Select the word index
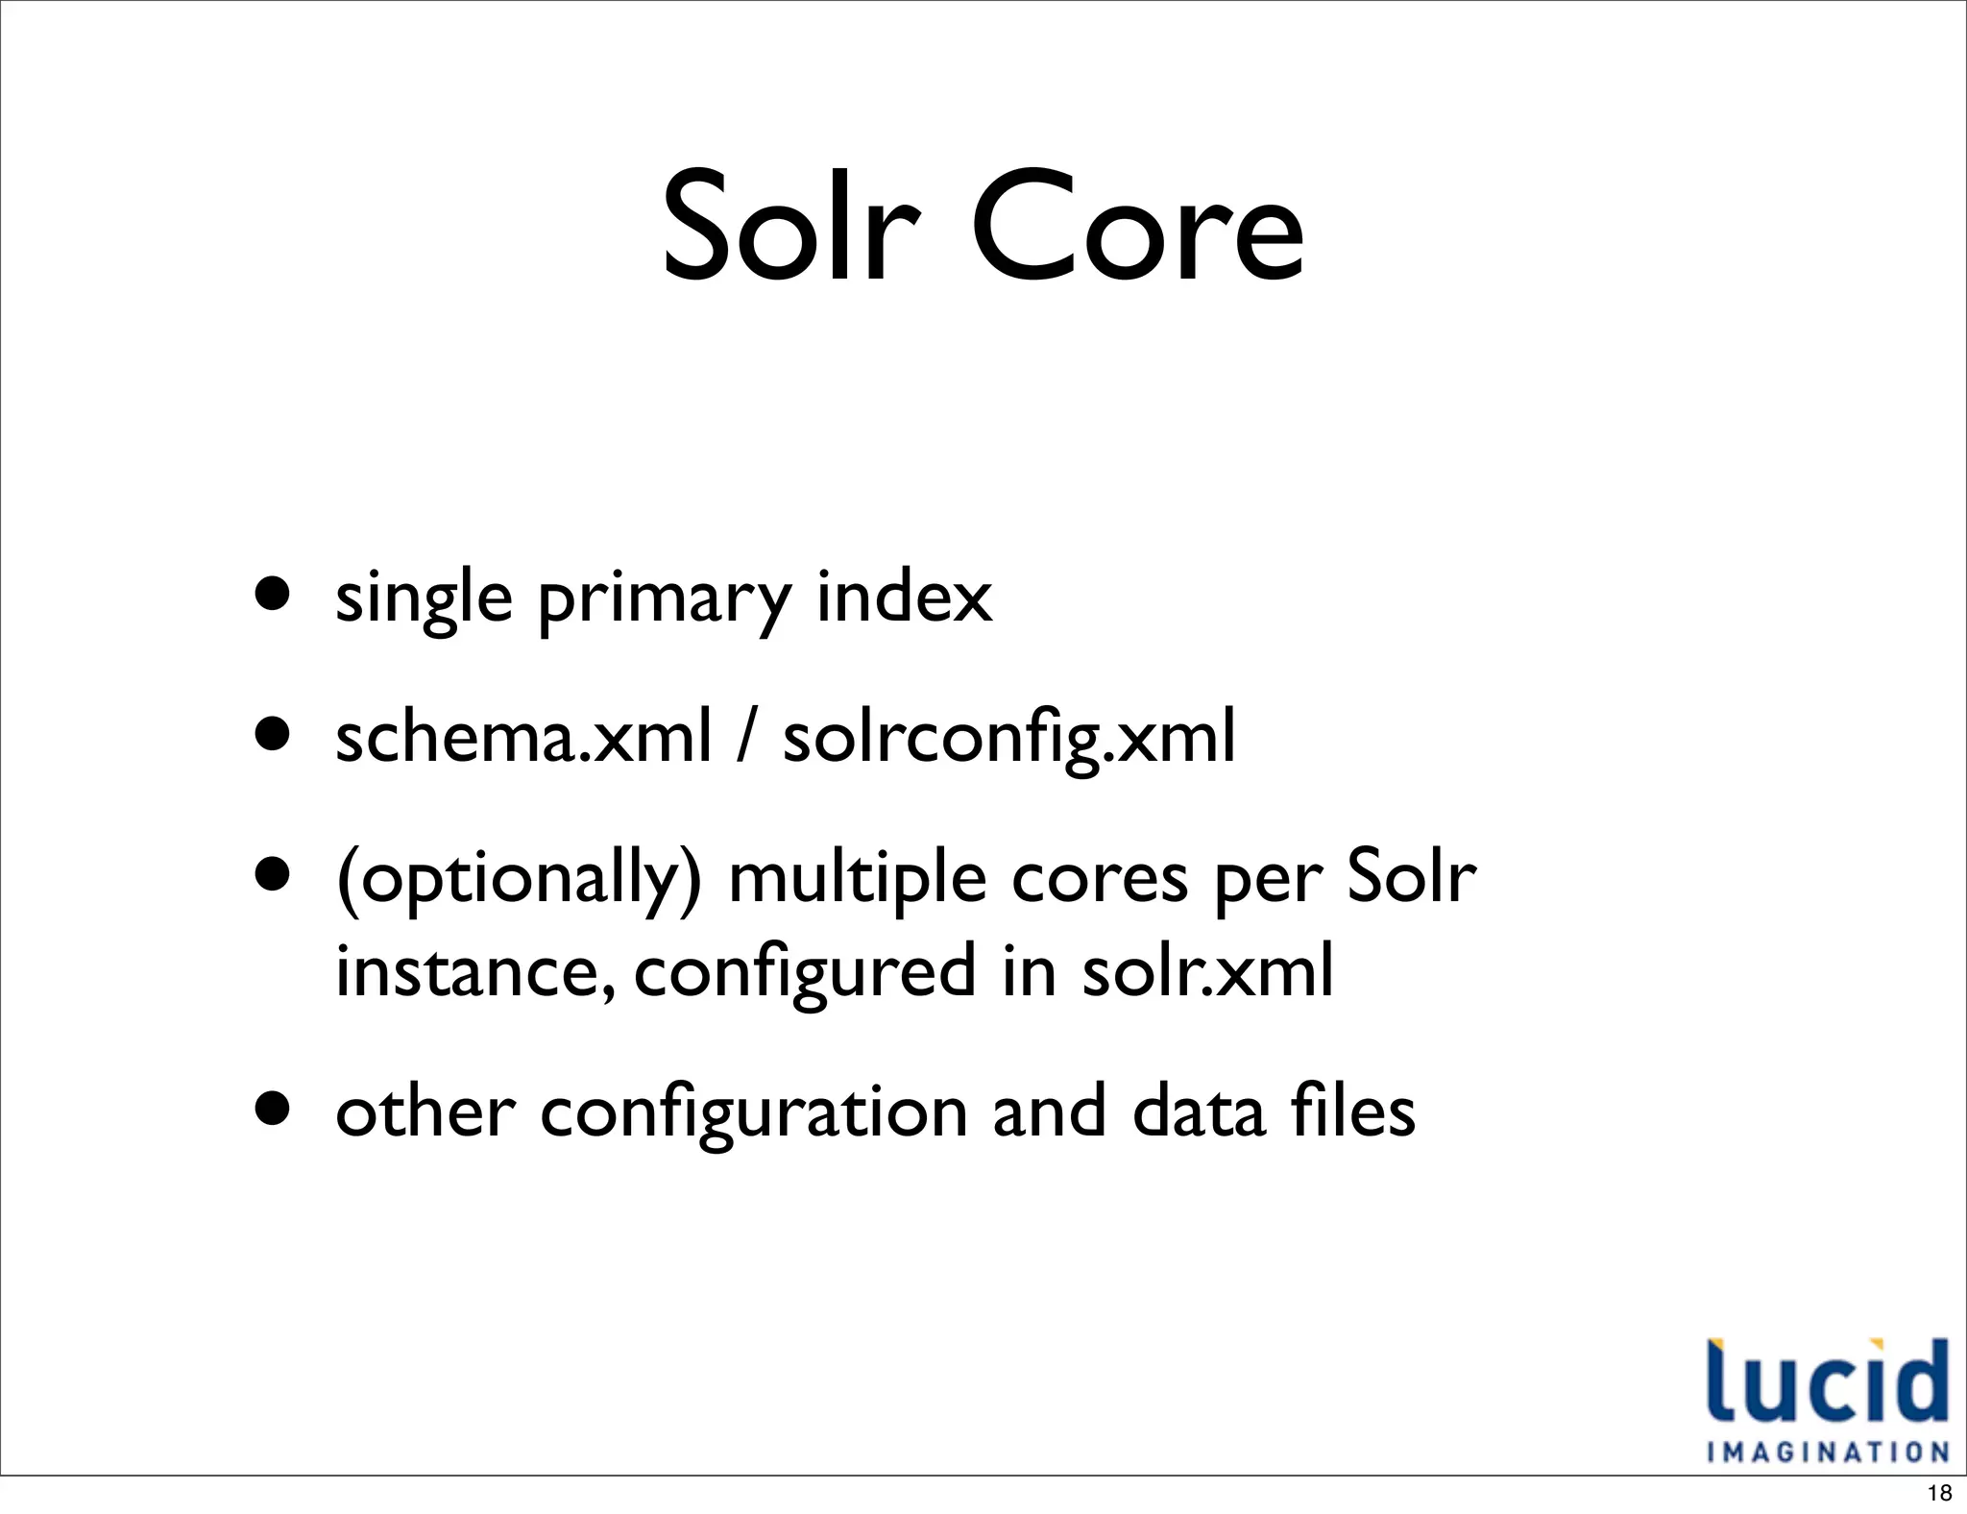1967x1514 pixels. [904, 597]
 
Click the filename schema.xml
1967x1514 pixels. [523, 737]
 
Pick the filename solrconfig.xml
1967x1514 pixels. [1008, 737]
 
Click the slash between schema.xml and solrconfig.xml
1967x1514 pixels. [746, 737]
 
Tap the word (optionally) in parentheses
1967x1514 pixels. [519, 878]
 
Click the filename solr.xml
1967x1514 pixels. [1207, 970]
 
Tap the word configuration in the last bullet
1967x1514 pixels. [754, 1112]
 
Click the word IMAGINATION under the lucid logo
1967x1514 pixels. [1828, 1451]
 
